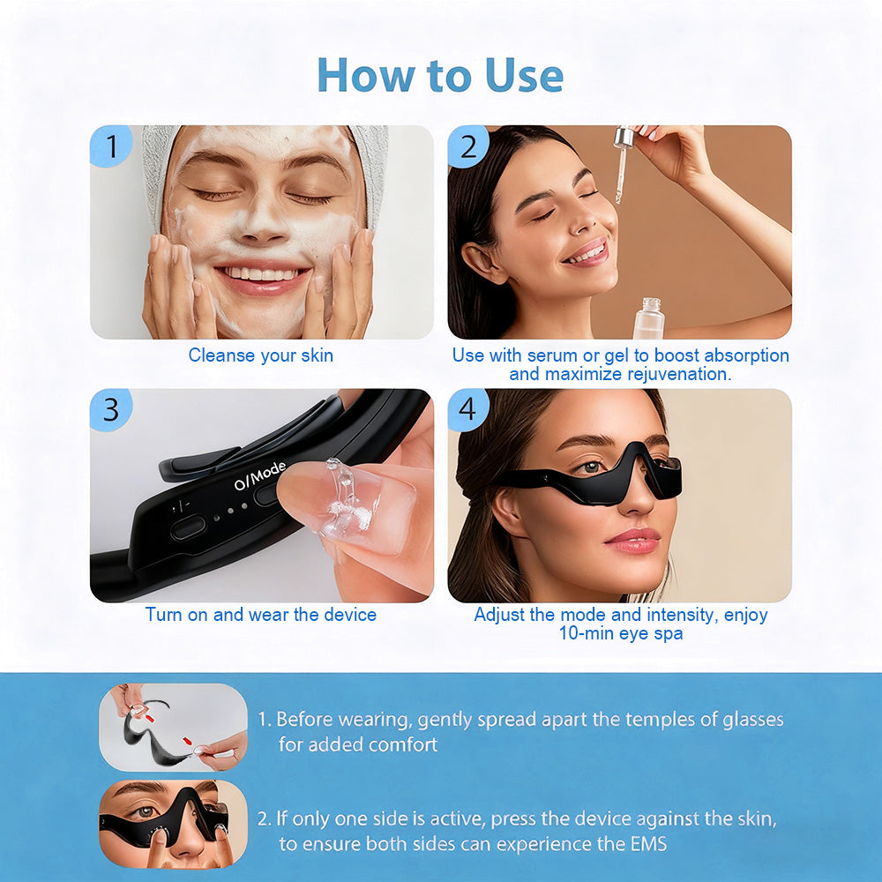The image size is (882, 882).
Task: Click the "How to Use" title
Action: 440,74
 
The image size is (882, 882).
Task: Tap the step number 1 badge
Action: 110,146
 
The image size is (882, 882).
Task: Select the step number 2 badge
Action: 468,146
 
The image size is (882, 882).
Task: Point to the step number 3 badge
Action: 110,409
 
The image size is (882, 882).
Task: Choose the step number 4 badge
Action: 467,409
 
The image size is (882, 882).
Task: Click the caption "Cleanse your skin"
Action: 260,356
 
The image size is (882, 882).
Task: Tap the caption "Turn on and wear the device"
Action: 260,615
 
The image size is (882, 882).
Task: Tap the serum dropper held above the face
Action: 622,163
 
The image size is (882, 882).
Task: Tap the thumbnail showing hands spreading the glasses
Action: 173,728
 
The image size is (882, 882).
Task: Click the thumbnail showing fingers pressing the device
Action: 173,823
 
